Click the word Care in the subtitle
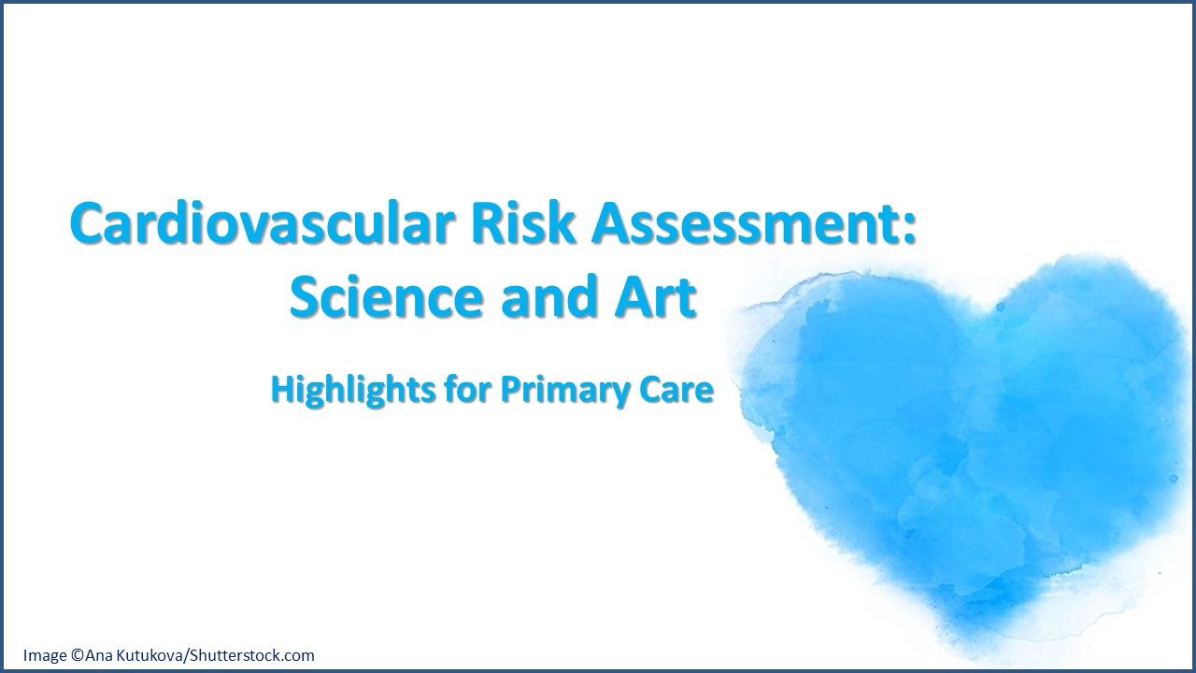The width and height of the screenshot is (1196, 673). point(676,390)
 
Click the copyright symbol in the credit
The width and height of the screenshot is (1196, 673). point(77,655)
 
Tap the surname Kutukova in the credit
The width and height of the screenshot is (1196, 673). point(149,655)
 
